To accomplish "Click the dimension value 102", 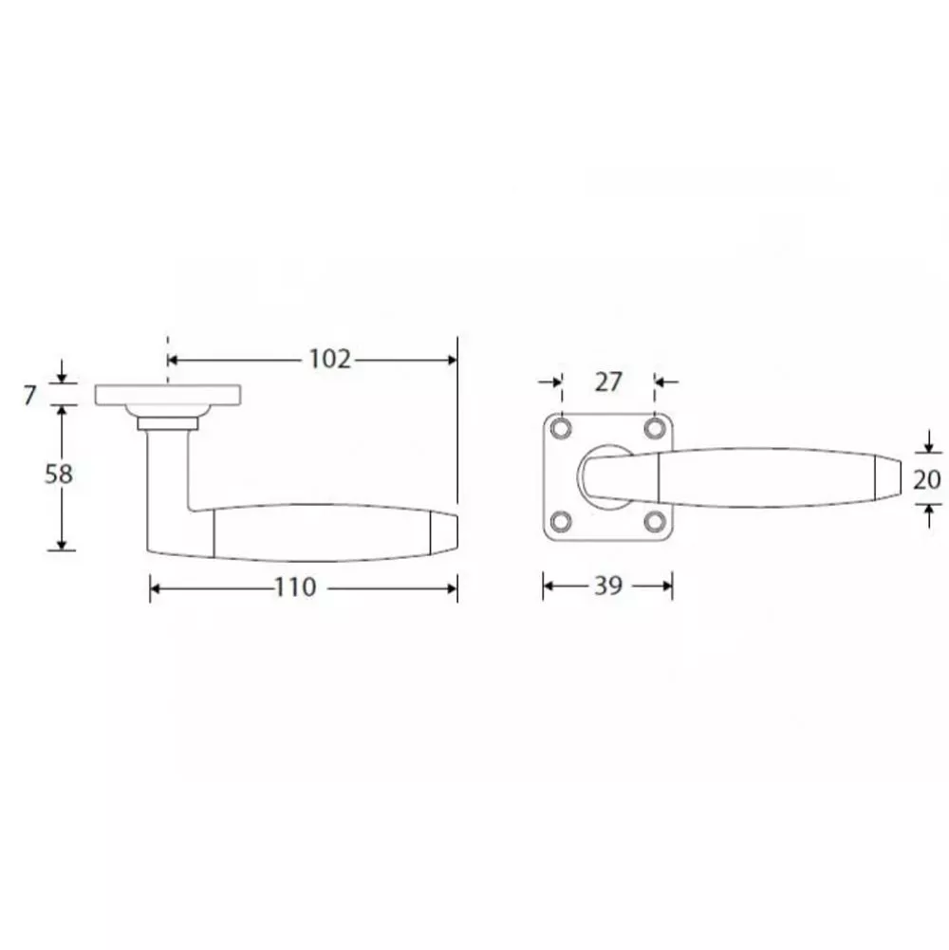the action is click(330, 360).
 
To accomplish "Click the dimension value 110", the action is click(296, 587).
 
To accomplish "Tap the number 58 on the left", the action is click(59, 474).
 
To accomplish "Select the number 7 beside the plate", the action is click(30, 396).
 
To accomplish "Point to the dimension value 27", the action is click(608, 382).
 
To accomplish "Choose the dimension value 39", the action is click(608, 586).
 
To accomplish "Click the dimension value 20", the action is click(927, 479).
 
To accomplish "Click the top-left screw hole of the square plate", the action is click(561, 429).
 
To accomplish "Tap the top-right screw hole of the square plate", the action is click(655, 429).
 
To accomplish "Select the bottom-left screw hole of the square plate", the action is click(561, 522).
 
